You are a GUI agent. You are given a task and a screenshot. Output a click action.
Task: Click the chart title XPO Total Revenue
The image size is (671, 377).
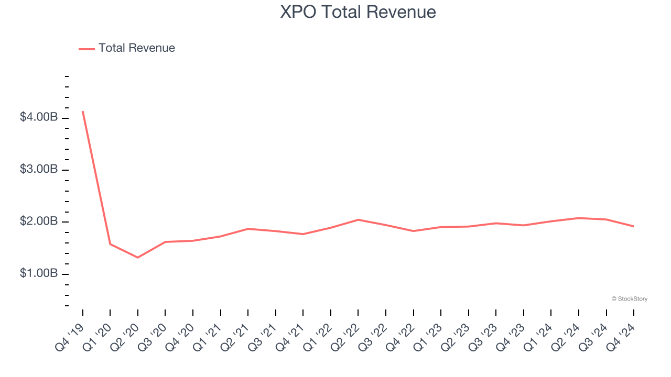coord(358,12)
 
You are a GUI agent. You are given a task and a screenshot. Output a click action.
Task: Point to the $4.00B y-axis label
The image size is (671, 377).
coord(38,117)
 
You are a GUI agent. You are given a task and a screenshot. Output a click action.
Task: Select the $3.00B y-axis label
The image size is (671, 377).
coord(38,170)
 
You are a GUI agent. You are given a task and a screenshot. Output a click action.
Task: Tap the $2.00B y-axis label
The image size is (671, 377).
coord(38,221)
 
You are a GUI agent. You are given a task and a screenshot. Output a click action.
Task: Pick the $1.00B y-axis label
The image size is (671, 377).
coord(38,274)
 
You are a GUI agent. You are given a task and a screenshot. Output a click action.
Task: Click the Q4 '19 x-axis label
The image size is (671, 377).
coord(70,336)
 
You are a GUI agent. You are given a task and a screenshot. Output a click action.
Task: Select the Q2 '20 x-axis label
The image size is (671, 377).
coord(125,336)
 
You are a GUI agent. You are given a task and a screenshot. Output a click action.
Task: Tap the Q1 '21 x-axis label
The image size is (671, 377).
coord(208,336)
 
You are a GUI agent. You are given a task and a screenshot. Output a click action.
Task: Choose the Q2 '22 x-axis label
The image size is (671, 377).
coord(345,336)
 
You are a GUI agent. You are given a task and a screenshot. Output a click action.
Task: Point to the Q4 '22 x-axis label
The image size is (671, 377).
coord(401,336)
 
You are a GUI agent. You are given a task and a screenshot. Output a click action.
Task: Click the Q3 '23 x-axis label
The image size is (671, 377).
coord(483,336)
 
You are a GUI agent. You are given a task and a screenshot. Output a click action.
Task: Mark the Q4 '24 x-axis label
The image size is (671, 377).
coord(621,336)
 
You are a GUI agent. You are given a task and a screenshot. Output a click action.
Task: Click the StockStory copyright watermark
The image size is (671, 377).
coord(629,299)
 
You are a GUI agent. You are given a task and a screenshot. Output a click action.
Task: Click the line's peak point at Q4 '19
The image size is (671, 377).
coord(83,112)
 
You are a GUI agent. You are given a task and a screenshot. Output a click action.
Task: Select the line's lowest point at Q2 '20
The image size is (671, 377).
coord(138,258)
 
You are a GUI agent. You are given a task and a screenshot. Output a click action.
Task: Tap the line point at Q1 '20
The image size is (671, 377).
coord(110,244)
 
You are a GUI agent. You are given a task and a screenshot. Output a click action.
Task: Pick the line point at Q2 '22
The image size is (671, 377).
coord(358,219)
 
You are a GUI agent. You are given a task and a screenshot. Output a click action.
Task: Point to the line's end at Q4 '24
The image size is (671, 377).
coord(633,226)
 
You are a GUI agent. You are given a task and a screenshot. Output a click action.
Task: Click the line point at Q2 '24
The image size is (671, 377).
coord(578,218)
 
